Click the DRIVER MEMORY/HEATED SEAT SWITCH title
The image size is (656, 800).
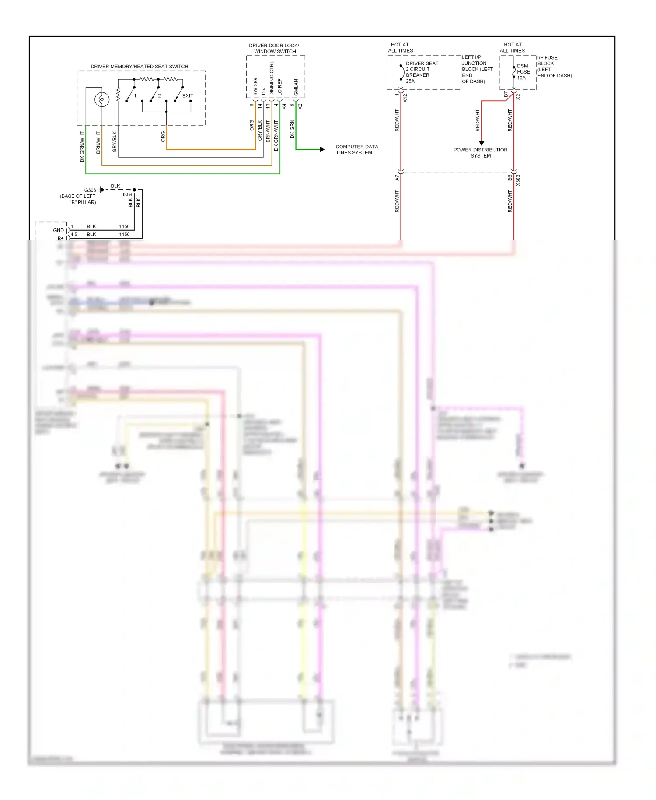pos(139,67)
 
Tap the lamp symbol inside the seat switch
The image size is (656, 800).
pos(102,100)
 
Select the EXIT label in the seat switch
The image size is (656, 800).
pos(188,95)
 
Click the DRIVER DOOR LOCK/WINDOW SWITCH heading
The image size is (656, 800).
pos(274,48)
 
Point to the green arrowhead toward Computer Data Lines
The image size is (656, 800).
pos(322,150)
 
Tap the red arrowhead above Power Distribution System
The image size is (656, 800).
pos(482,143)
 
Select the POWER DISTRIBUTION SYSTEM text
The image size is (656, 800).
pos(480,153)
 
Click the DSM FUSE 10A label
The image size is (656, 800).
pos(523,72)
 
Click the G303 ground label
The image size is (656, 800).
pos(90,190)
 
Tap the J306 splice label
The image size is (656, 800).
pos(127,195)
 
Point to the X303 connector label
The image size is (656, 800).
pos(518,180)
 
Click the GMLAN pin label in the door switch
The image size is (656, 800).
pos(296,87)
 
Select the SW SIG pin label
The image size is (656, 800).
pos(255,87)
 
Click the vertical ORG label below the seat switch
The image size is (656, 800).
pos(163,137)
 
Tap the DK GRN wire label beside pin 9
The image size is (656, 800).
pos(292,129)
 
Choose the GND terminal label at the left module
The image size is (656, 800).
pos(58,230)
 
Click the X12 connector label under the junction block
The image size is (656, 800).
pos(405,98)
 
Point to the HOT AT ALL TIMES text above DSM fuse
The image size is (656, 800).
pos(512,47)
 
